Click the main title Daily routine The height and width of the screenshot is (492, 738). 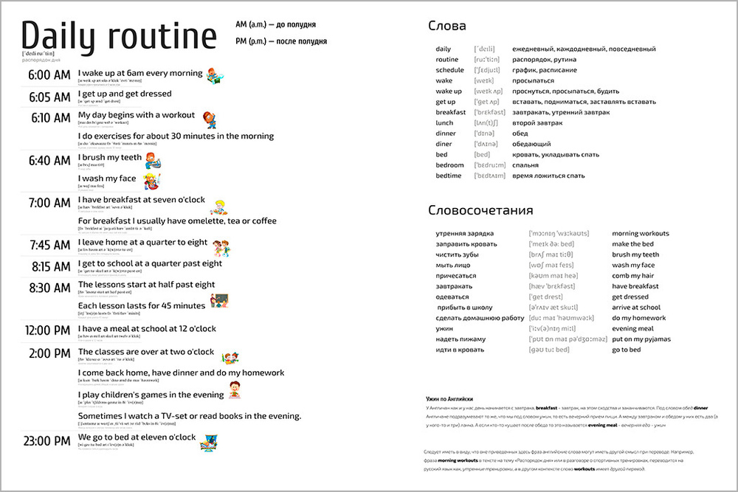(119, 36)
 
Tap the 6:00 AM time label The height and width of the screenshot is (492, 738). (49, 75)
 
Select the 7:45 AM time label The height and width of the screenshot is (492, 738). (50, 245)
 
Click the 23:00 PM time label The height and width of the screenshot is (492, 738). (47, 441)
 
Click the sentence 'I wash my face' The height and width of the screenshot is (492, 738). (107, 179)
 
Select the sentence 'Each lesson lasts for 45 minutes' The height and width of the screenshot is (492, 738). (142, 305)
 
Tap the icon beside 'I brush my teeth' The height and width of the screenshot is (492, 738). (152, 160)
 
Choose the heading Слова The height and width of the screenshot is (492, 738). (446, 26)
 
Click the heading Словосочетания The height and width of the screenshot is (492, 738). (480, 210)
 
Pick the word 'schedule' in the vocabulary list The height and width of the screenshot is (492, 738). (449, 70)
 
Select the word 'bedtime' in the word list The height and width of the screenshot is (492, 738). (449, 176)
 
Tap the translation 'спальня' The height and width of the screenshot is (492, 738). (527, 165)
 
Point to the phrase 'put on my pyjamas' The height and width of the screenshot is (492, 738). (641, 339)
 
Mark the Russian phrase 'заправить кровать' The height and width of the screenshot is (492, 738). (465, 244)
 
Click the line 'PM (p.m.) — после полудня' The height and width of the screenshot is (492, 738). (280, 41)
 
